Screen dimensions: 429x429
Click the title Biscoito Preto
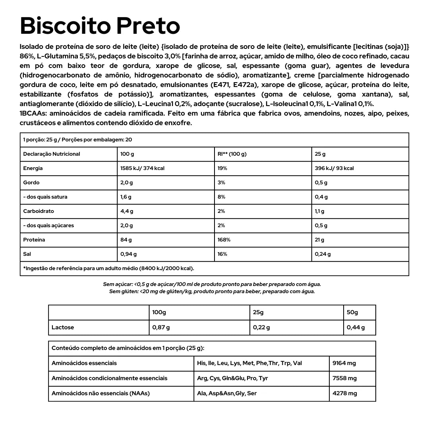[100, 26]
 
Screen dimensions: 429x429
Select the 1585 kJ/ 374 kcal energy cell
[142, 168]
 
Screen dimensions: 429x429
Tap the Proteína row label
[34, 240]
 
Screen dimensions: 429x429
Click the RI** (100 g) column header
[232, 154]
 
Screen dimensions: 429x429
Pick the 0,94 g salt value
[128, 254]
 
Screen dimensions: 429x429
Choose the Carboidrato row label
[39, 211]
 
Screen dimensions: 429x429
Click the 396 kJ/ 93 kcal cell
[334, 168]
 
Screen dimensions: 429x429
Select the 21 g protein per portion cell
[319, 240]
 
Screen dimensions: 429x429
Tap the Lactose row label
[63, 328]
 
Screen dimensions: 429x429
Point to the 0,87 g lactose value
[161, 328]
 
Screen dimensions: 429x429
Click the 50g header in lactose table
[352, 313]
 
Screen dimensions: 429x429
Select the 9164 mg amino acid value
[344, 363]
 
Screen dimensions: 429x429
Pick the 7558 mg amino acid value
[344, 379]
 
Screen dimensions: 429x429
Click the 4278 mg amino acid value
[344, 394]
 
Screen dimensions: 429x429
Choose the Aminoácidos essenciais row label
[84, 363]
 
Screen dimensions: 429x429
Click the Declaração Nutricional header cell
[52, 154]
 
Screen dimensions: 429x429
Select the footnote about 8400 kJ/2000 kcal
[109, 269]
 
